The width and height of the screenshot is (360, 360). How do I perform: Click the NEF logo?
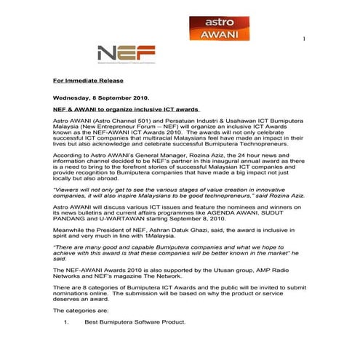pos(126,54)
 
